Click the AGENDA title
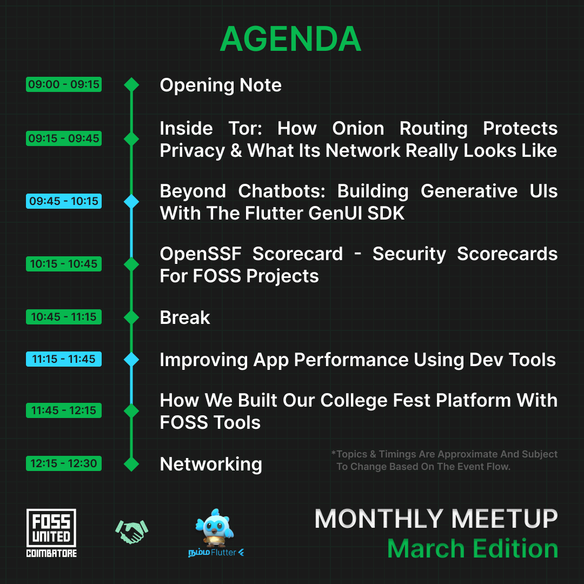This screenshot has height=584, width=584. click(x=290, y=39)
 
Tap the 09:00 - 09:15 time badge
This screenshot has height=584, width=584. click(x=64, y=84)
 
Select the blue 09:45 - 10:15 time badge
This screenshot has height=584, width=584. click(x=64, y=201)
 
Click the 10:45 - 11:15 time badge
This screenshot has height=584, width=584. click(x=64, y=317)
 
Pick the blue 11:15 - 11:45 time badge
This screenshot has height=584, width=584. click(x=64, y=359)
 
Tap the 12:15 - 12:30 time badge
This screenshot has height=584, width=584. click(x=64, y=463)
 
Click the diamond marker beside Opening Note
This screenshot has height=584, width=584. click(x=131, y=84)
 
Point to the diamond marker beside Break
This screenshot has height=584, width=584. click(x=131, y=317)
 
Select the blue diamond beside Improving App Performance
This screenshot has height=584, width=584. click(x=131, y=360)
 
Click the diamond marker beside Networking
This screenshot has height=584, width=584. click(x=131, y=464)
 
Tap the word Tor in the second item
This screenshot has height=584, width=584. click(x=245, y=129)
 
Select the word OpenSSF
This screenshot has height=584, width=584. click(x=201, y=254)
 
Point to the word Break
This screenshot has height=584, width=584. click(x=185, y=318)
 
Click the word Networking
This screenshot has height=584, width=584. click(x=211, y=464)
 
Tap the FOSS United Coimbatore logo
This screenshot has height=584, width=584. click(x=51, y=533)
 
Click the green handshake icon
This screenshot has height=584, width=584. click(x=132, y=532)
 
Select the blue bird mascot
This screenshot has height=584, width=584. click(x=215, y=528)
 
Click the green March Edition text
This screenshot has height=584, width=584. click(x=473, y=549)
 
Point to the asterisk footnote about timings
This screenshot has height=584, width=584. click(x=444, y=460)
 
